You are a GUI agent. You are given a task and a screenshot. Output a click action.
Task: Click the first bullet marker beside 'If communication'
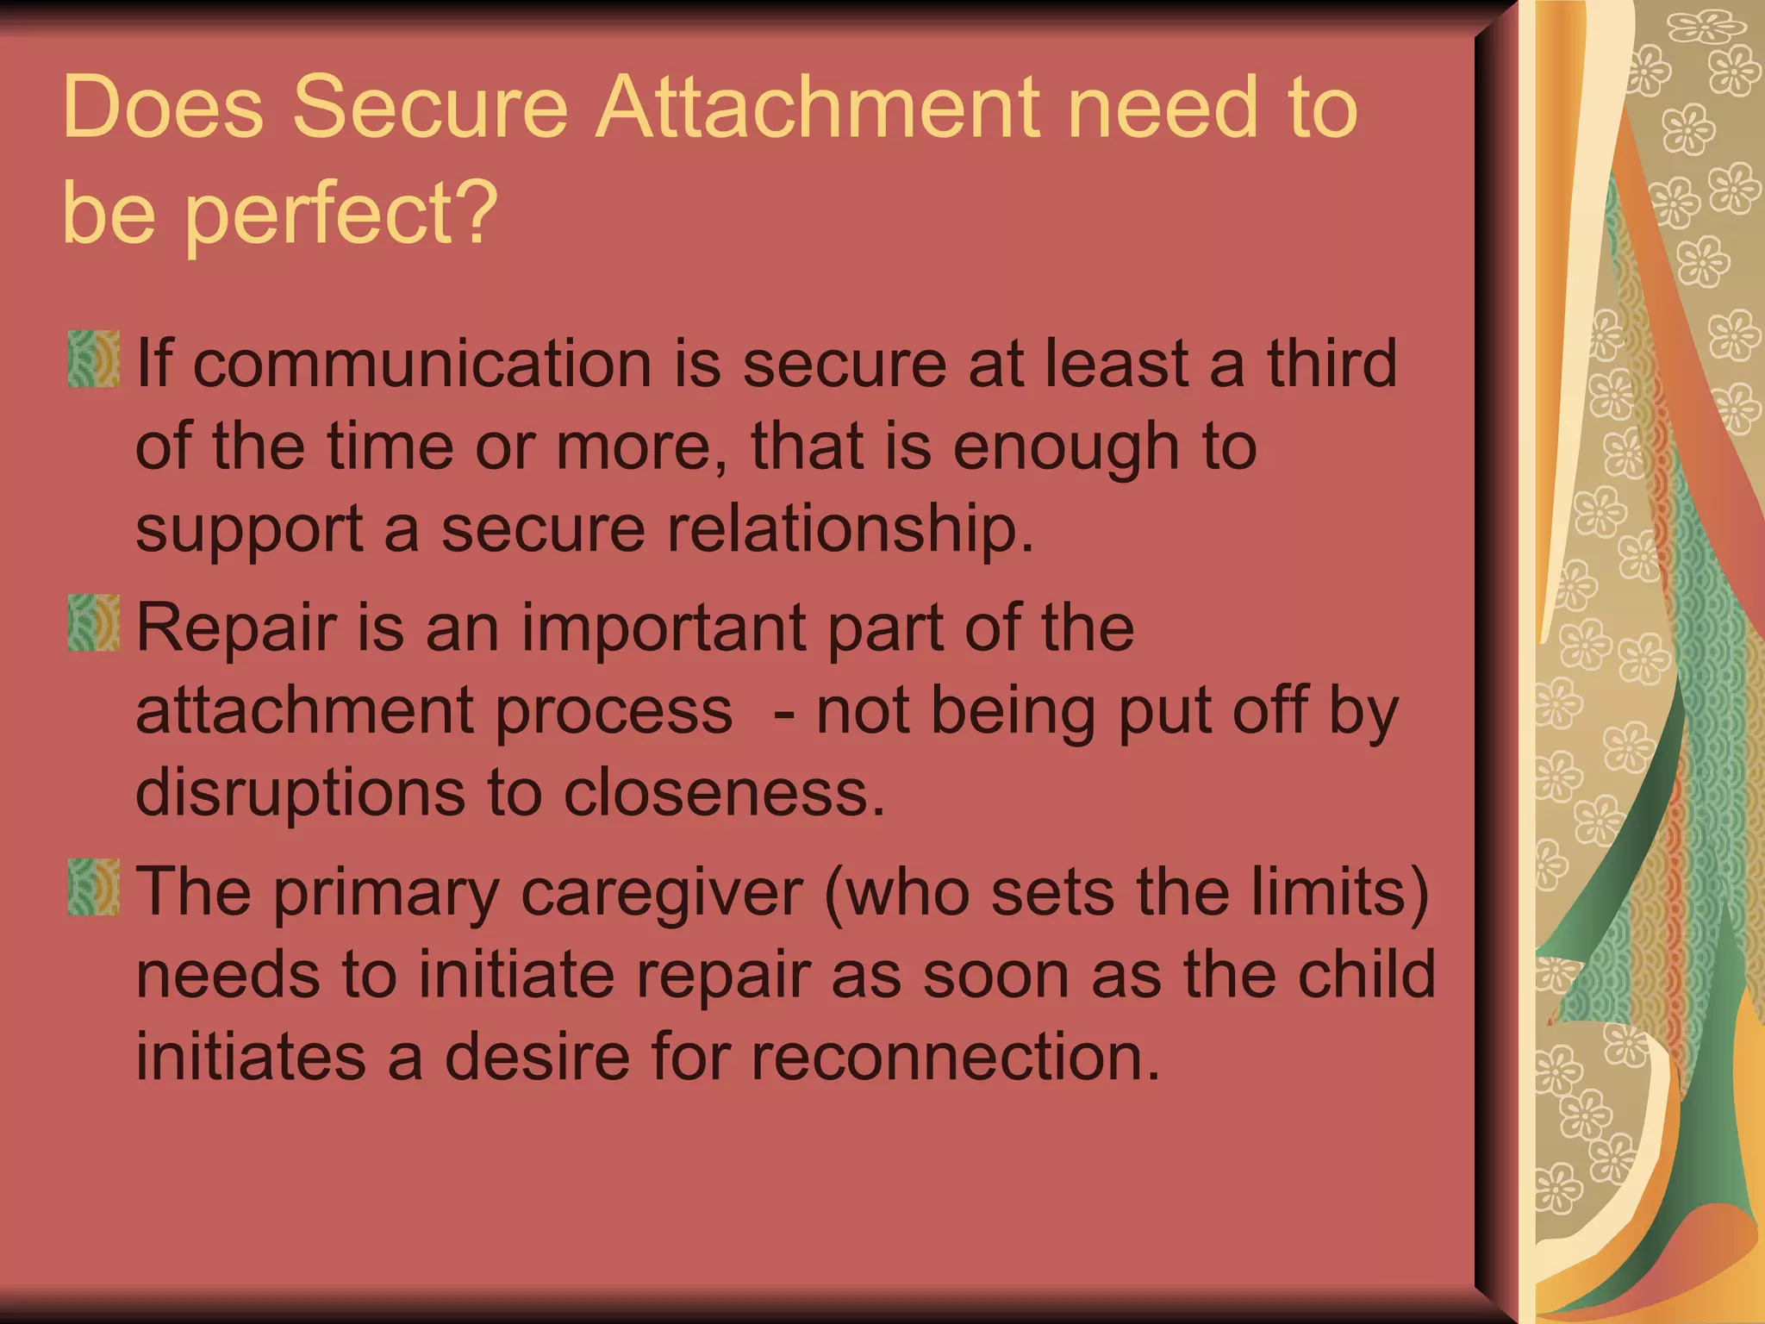click(x=93, y=359)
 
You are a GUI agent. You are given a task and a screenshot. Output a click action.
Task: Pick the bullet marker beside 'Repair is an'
click(x=93, y=622)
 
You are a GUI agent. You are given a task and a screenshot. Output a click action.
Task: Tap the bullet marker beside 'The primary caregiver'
click(x=93, y=886)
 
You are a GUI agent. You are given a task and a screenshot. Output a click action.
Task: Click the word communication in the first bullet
click(x=422, y=363)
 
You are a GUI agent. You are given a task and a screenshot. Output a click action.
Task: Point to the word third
click(x=1332, y=363)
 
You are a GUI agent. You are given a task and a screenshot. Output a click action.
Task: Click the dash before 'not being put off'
click(x=783, y=712)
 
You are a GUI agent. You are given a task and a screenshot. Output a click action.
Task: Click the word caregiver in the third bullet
click(x=662, y=893)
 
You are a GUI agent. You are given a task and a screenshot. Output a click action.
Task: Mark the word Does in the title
click(x=163, y=108)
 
